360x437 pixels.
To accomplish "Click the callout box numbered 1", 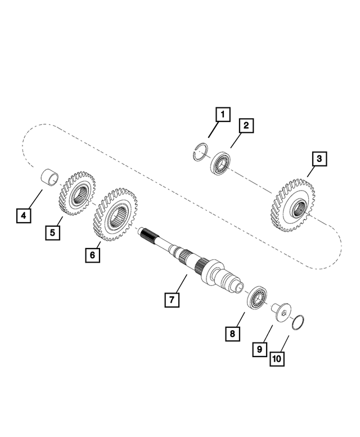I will pyautogui.click(x=223, y=116).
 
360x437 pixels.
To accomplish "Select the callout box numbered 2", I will pyautogui.click(x=246, y=125).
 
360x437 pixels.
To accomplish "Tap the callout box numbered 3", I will pyautogui.click(x=319, y=159).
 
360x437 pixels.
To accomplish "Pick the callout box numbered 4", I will pyautogui.click(x=24, y=215).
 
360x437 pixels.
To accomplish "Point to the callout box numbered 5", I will pyautogui.click(x=53, y=232).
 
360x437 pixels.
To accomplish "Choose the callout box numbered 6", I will pyautogui.click(x=93, y=255).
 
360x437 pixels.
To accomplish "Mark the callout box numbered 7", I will pyautogui.click(x=172, y=299).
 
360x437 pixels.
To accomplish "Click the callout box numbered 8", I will pyautogui.click(x=232, y=333).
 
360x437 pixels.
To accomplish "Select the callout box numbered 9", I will pyautogui.click(x=259, y=349).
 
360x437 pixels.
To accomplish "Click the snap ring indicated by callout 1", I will pyautogui.click(x=199, y=152).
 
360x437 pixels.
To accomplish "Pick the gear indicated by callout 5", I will pyautogui.click(x=78, y=194).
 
